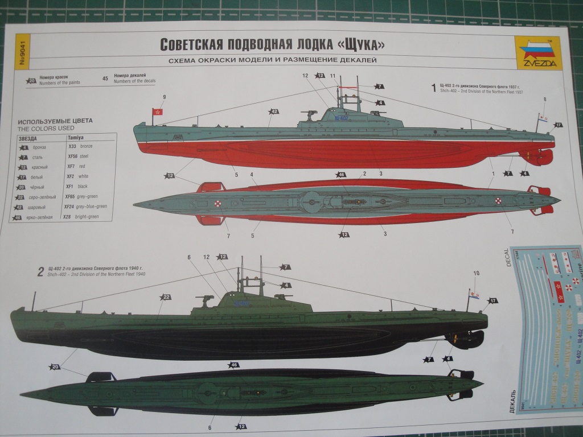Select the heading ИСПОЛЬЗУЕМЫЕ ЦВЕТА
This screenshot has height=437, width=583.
55,121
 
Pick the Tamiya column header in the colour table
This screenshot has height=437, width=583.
76,138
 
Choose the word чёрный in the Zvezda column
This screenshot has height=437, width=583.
38,187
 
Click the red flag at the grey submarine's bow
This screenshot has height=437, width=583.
157,112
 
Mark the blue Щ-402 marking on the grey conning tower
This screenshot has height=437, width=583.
342,118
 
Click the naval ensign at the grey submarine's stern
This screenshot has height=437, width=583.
544,119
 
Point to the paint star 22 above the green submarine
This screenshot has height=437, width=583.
166,297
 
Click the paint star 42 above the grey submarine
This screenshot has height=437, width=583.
274,112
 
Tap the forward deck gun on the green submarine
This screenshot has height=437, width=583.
205,298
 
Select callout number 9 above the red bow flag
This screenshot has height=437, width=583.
164,97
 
